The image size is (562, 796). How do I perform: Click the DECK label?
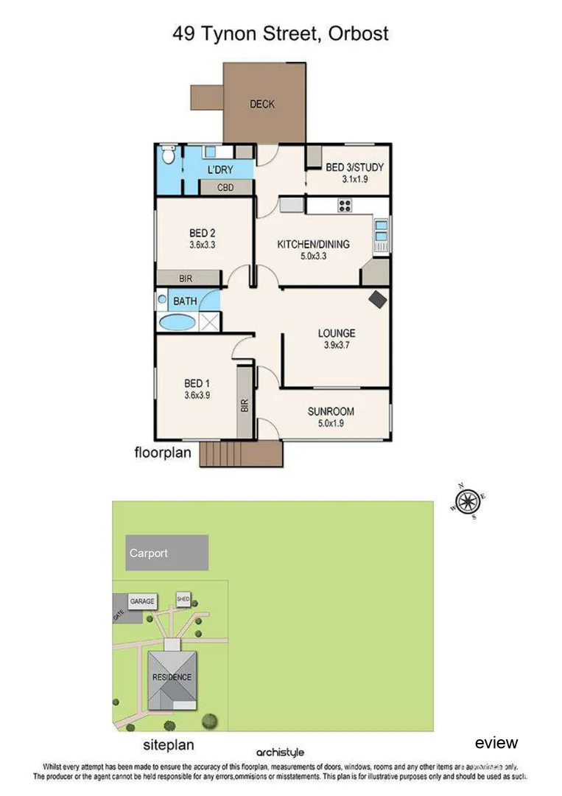pyautogui.click(x=261, y=104)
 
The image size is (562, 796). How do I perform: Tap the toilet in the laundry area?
pyautogui.click(x=168, y=156)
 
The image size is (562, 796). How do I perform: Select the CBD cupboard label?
pyautogui.click(x=225, y=188)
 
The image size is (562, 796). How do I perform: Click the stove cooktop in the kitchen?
pyautogui.click(x=344, y=206)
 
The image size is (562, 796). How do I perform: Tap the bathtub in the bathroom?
pyautogui.click(x=177, y=321)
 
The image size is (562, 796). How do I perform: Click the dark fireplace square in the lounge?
pyautogui.click(x=378, y=299)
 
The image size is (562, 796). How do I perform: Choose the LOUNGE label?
pyautogui.click(x=337, y=333)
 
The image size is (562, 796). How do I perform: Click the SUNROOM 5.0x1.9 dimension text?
pyautogui.click(x=331, y=423)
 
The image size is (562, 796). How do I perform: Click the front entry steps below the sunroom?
pyautogui.click(x=241, y=454)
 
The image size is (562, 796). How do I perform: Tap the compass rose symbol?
pyautogui.click(x=466, y=502)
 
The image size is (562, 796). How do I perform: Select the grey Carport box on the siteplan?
pyautogui.click(x=166, y=553)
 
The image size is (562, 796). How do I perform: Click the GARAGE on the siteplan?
pyautogui.click(x=142, y=601)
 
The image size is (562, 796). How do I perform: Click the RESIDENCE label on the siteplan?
pyautogui.click(x=172, y=677)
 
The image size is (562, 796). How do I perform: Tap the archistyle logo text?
pyautogui.click(x=280, y=753)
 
